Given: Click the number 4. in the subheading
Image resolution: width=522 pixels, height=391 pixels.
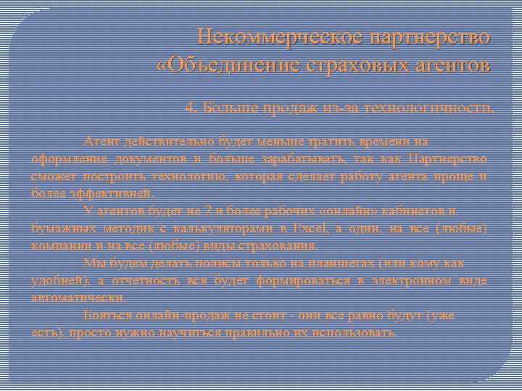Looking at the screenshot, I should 191,109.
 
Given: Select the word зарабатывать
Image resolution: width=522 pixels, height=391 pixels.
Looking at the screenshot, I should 300,158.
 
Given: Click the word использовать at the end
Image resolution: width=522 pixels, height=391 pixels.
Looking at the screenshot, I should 356,333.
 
